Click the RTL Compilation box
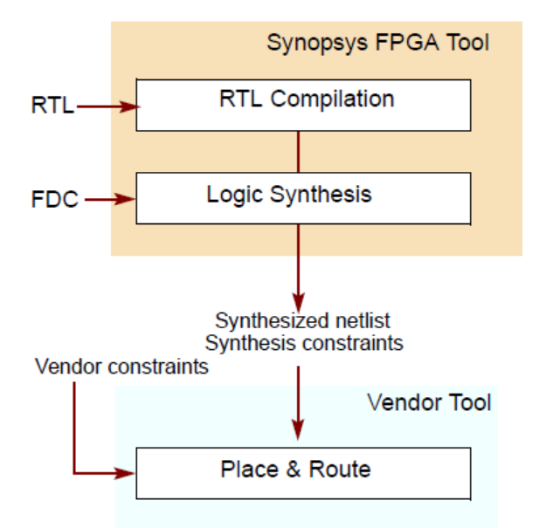click(x=303, y=105)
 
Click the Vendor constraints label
click(x=121, y=366)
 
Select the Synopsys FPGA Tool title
click(x=377, y=42)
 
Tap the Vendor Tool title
click(x=429, y=402)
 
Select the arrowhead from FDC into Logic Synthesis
click(x=129, y=200)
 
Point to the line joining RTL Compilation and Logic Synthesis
click(x=299, y=152)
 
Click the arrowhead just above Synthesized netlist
click(x=299, y=293)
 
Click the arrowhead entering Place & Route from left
click(x=128, y=474)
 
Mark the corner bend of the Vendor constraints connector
click(x=75, y=474)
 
